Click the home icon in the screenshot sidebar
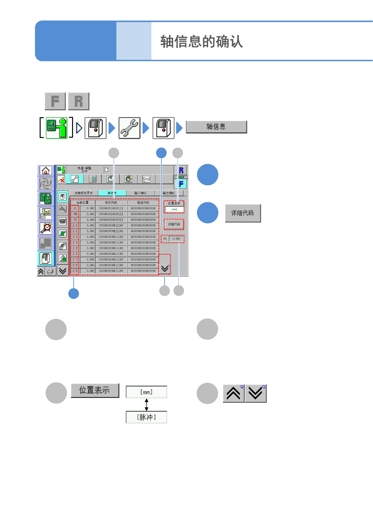[x=46, y=170]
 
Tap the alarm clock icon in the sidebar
[x=46, y=228]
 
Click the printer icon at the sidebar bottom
[x=50, y=271]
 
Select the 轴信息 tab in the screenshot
[x=112, y=193]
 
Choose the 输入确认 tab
[x=140, y=193]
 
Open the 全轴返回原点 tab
[x=84, y=193]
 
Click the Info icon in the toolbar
[x=146, y=179]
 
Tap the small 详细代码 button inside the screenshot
[x=174, y=224]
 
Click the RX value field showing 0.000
[x=176, y=239]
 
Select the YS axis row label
[x=75, y=220]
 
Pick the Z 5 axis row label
[x=75, y=248]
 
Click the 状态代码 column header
[x=111, y=203]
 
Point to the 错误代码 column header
[x=143, y=203]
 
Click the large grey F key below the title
[x=55, y=101]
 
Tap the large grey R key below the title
[x=79, y=101]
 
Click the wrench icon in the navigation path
[x=129, y=128]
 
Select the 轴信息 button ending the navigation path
[x=216, y=127]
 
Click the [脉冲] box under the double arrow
[x=146, y=417]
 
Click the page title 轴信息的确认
[x=201, y=41]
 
